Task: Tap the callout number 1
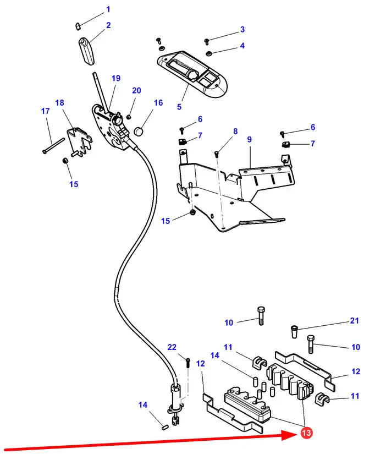[108, 9]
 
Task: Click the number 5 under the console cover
[179, 106]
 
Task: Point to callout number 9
[249, 140]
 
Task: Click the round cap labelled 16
[139, 132]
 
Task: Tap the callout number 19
[116, 79]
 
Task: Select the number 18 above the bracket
[60, 103]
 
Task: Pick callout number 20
[136, 91]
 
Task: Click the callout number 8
[235, 132]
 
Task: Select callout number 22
[172, 347]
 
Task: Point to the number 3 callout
[242, 29]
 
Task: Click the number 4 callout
[242, 46]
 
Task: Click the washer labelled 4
[210, 53]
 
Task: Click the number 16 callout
[158, 103]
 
